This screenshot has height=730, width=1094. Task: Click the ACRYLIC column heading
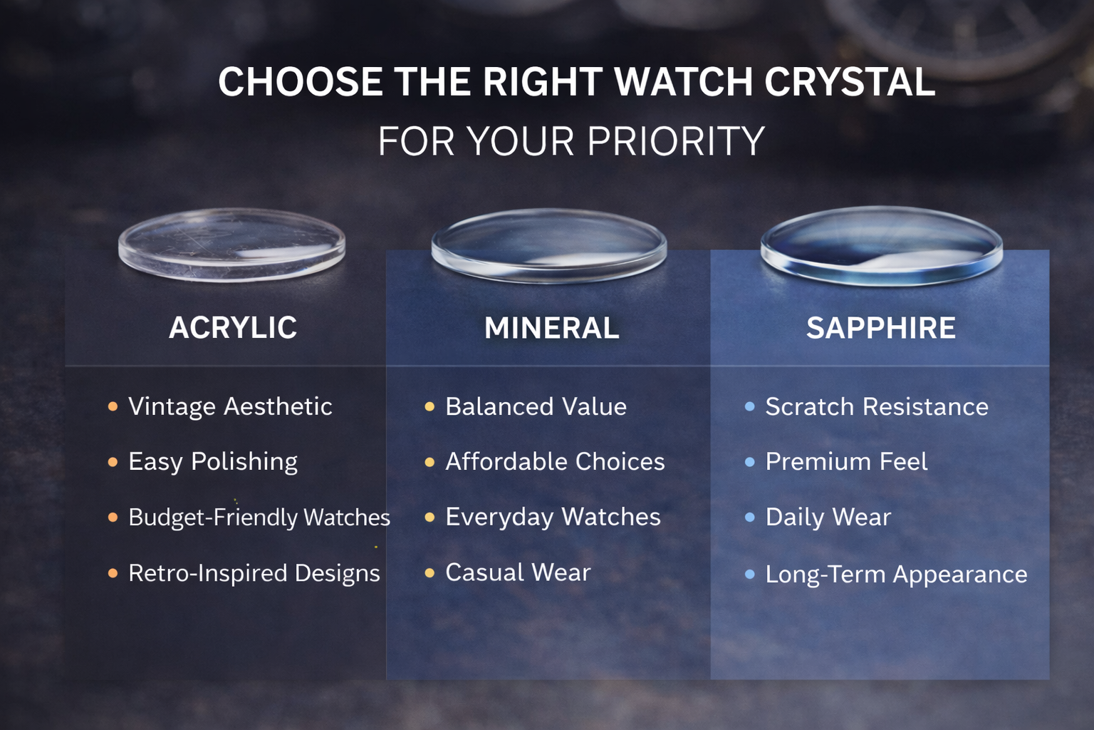(233, 328)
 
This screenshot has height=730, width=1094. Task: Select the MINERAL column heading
(551, 328)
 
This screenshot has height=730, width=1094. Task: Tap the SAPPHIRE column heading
(880, 328)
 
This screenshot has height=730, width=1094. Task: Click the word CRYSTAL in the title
(850, 82)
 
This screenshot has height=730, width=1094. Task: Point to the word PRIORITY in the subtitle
(676, 141)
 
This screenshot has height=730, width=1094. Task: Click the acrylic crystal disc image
(232, 245)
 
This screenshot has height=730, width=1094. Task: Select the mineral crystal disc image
(548, 246)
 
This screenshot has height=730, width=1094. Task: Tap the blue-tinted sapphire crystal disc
(881, 246)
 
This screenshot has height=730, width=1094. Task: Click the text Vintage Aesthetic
(230, 406)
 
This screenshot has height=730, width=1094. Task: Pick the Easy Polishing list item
(213, 462)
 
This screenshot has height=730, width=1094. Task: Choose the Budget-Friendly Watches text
(259, 517)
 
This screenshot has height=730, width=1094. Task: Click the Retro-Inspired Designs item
(254, 573)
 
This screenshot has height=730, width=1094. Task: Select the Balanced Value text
(536, 406)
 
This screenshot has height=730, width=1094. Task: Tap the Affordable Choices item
(555, 462)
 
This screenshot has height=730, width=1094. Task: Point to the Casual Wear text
(518, 572)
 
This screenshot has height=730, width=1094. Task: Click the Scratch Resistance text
(877, 406)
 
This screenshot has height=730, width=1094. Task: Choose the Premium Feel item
(846, 462)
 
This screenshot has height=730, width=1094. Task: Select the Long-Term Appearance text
(896, 574)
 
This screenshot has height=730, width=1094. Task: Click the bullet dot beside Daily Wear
(749, 517)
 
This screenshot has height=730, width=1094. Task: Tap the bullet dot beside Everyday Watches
(429, 517)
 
